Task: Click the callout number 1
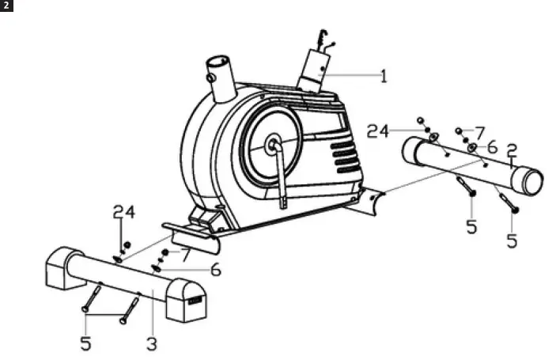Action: [383, 77]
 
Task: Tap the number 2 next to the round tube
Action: [512, 150]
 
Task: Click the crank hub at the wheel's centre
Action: [274, 144]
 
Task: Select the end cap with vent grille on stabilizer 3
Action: [187, 299]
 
